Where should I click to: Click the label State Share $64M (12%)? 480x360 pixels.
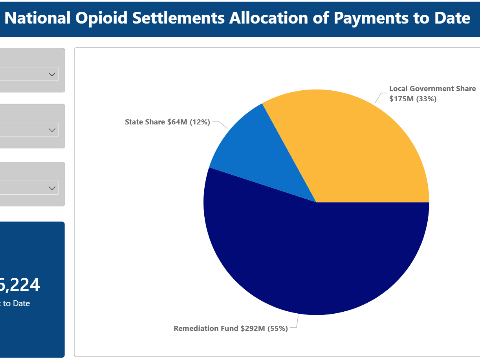tap(167, 122)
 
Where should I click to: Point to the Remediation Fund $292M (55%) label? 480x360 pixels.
tap(231, 329)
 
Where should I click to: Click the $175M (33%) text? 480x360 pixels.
tap(413, 99)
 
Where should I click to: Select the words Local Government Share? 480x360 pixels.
tap(432, 89)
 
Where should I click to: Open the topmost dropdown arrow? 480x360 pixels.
tap(52, 74)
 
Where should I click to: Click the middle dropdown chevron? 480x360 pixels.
tap(52, 130)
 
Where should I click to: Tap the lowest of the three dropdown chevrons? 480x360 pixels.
tap(52, 188)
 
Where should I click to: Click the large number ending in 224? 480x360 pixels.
tap(20, 285)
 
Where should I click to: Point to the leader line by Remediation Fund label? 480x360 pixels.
tap(295, 324)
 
